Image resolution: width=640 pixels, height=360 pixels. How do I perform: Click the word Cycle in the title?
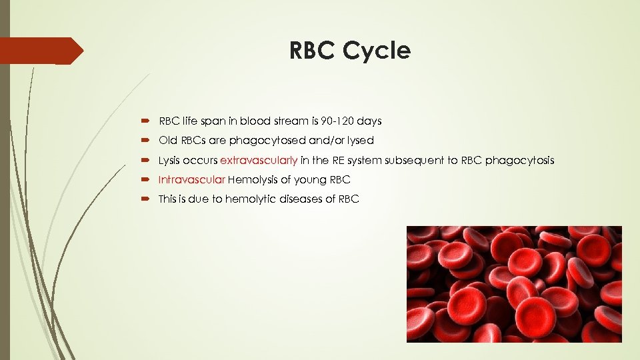coord(380,51)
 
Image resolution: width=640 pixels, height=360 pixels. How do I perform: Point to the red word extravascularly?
coord(259,161)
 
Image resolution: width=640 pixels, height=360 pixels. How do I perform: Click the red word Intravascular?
coord(191,180)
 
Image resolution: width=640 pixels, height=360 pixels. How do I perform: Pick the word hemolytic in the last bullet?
coord(251,199)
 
